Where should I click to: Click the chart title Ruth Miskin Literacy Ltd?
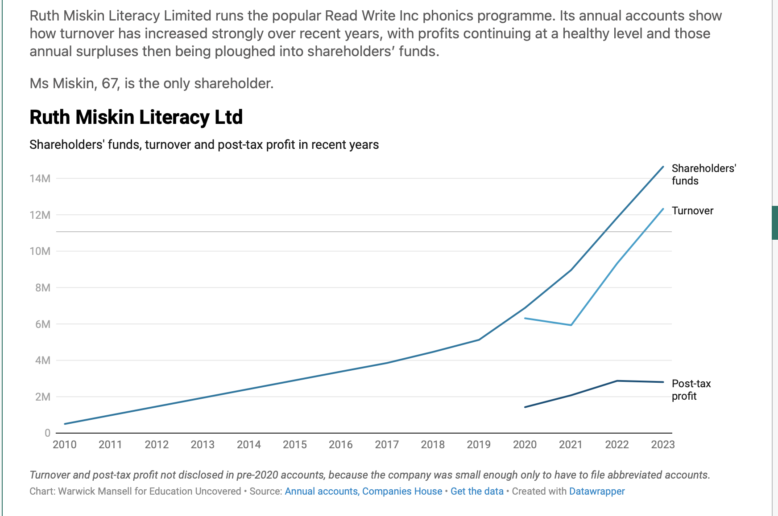coord(136,117)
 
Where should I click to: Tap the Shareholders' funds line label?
coord(703,174)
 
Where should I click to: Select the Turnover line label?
coord(692,211)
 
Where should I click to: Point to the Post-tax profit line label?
coord(691,390)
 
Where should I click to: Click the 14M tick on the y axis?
coord(40,179)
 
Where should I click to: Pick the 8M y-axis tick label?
coord(42,288)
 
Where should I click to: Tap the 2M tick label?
coord(42,397)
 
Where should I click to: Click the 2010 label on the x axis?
coord(65,444)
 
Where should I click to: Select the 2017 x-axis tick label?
coord(387,444)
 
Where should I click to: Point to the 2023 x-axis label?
coord(663,444)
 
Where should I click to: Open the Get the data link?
coord(477,491)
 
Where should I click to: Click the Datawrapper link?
coord(597,491)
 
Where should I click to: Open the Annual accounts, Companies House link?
coord(364,491)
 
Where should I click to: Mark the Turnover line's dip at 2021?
coord(571,325)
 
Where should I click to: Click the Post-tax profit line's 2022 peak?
coord(617,381)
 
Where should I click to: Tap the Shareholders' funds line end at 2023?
coord(663,167)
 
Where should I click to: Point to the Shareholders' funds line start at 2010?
coord(65,424)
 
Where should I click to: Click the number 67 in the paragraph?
coord(110,83)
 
